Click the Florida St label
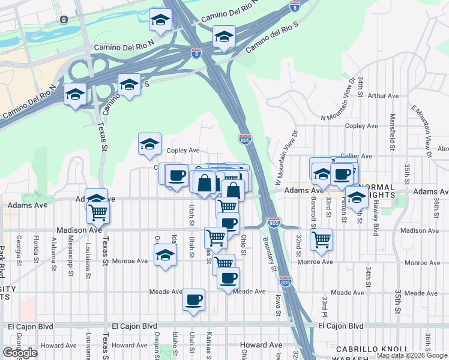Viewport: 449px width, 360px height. [x=36, y=250]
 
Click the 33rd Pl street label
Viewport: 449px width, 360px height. [x=324, y=309]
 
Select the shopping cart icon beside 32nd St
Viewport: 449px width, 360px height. [x=322, y=238]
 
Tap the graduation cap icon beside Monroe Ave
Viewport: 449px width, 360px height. [x=166, y=256]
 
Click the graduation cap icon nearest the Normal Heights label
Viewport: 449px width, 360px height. [x=357, y=197]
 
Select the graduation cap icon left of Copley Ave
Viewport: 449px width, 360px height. [x=149, y=143]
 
